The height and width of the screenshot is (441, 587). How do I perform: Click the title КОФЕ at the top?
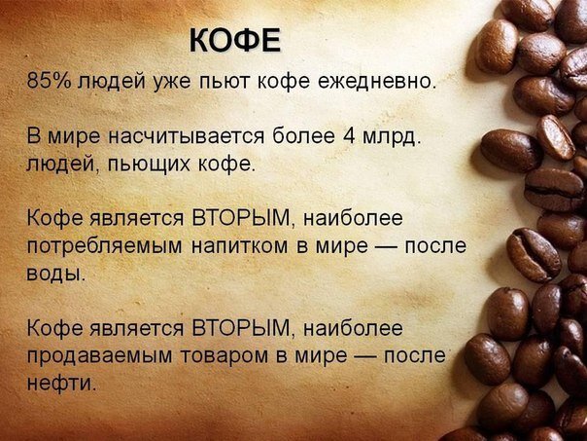click(235, 40)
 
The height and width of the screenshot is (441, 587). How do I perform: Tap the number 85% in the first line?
click(49, 80)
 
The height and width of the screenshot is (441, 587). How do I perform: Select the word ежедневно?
click(377, 81)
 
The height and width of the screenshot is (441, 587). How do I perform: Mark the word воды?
click(56, 274)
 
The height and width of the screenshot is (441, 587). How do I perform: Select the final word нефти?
click(61, 383)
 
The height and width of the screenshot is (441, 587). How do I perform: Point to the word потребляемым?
click(104, 246)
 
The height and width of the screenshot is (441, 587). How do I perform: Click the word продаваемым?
click(99, 356)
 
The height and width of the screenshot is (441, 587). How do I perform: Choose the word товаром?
click(224, 355)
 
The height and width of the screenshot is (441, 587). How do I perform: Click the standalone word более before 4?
click(303, 135)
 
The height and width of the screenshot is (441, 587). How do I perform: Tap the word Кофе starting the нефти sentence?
click(54, 328)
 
